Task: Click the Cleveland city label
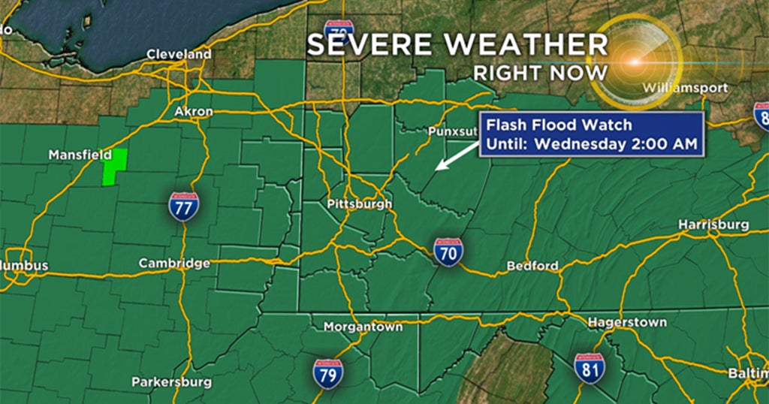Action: tap(179, 55)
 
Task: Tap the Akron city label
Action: tap(194, 112)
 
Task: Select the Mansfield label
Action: tap(75, 155)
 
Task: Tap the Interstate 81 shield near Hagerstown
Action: tap(590, 369)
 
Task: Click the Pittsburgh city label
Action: tap(360, 204)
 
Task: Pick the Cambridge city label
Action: tap(174, 264)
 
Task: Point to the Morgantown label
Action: tap(363, 327)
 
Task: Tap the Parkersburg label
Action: tap(171, 381)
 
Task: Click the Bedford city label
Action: tap(532, 266)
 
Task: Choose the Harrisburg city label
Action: tap(713, 225)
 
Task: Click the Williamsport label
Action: tap(685, 89)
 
